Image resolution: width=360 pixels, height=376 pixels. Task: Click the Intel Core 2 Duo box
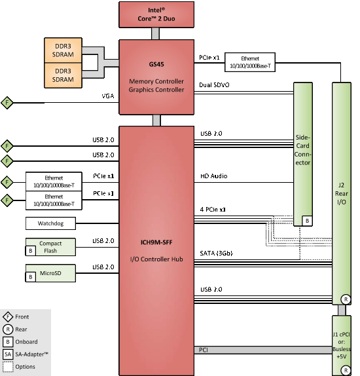[x=156, y=14]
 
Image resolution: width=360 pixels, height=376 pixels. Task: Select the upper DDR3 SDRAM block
[x=63, y=50]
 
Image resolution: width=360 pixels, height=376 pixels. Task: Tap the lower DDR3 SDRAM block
[x=63, y=75]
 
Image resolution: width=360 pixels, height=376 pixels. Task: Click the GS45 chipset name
[x=156, y=64]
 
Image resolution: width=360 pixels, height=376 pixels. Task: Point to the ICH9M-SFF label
[x=156, y=242]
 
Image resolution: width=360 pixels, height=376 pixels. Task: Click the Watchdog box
[x=50, y=223]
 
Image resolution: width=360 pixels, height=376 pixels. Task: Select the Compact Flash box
[x=50, y=247]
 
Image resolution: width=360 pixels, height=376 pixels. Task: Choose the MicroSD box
[x=50, y=273]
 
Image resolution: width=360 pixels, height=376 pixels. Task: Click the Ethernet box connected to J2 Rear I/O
[x=250, y=62]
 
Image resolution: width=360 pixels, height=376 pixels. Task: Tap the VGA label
[x=108, y=96]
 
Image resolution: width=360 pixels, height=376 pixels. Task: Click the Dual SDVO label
[x=214, y=85]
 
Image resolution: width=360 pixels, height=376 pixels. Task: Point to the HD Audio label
[x=214, y=176]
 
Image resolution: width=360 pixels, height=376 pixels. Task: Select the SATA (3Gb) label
[x=216, y=254]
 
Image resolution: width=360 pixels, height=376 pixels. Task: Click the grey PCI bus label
[x=204, y=350]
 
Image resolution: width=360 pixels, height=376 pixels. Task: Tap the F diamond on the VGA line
[x=7, y=103]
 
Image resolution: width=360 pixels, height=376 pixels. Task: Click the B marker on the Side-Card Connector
[x=307, y=221]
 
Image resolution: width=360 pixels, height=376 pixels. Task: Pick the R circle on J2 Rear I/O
[x=346, y=299]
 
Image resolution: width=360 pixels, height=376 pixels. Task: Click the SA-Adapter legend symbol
[x=8, y=354]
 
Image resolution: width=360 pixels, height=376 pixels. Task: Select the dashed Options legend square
[x=8, y=367]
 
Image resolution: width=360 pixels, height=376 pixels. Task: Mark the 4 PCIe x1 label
[x=213, y=210]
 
